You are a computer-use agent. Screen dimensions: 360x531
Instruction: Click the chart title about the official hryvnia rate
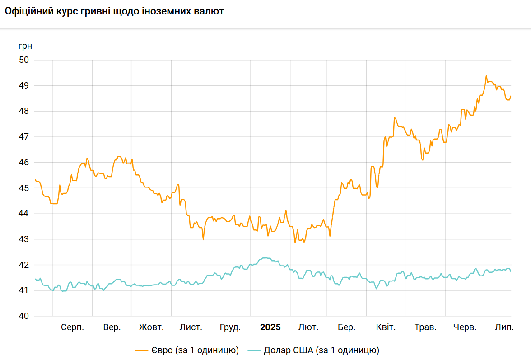coord(114,11)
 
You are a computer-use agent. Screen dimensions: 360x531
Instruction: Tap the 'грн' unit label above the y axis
coord(25,46)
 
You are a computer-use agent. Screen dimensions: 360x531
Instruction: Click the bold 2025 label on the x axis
coord(270,327)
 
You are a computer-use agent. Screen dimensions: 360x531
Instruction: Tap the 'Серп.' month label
coord(72,327)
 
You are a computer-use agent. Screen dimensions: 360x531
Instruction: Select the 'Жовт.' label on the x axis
coord(151,327)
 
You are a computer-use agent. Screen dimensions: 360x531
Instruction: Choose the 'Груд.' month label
coord(230,327)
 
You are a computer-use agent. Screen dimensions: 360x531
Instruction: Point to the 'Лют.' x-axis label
coord(308,327)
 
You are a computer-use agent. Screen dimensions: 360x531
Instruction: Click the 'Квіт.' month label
coord(386,327)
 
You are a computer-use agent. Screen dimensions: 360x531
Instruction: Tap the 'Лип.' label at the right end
coord(504,327)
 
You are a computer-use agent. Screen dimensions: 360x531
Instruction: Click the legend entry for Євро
coord(187,350)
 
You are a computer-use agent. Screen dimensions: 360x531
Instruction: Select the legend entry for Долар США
coord(315,350)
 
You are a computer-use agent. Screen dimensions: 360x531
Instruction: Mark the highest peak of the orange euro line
coord(486,76)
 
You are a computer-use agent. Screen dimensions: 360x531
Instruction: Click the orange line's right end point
coord(511,96)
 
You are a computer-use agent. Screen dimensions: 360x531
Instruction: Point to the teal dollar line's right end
coord(511,271)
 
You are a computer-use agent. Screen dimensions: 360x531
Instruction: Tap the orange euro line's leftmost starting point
coord(35,179)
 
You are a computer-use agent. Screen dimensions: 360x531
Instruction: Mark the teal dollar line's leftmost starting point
coord(35,279)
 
